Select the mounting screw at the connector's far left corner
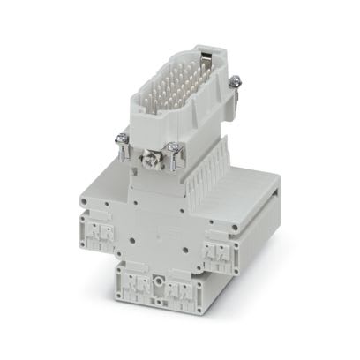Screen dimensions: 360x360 tap(120, 140)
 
